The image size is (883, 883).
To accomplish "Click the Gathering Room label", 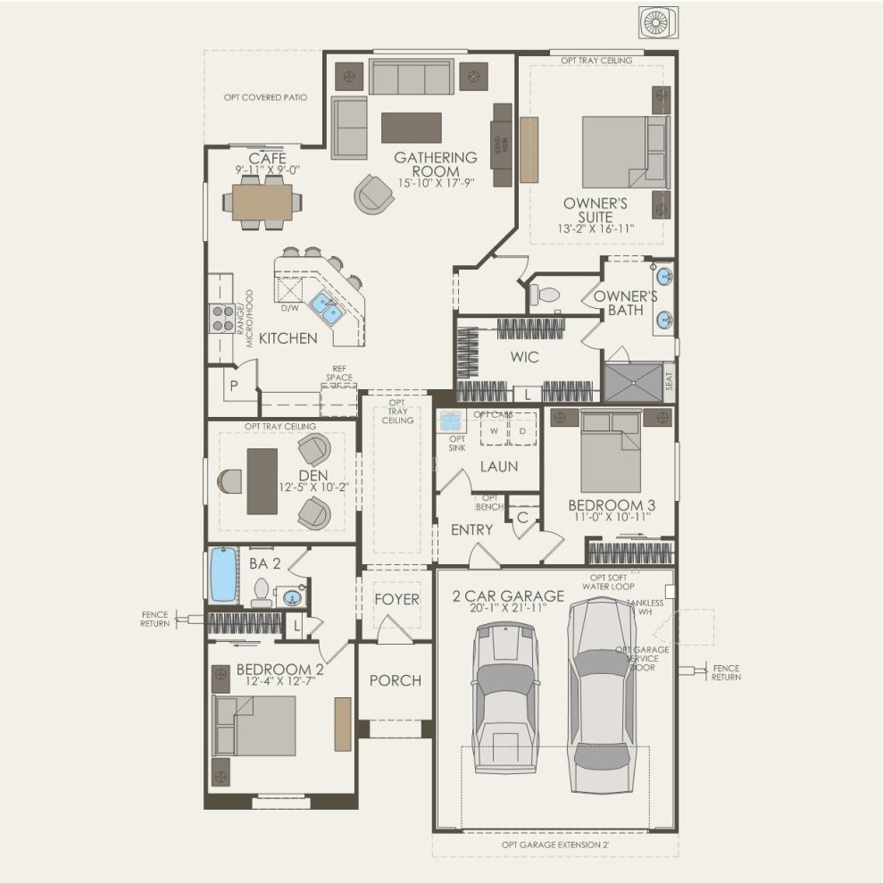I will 436,164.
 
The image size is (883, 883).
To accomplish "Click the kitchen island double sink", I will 323,309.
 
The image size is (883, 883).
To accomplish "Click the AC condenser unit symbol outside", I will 657,23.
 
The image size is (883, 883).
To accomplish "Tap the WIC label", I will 524,358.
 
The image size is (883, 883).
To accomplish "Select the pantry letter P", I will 234,386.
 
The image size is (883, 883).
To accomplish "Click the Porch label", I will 395,680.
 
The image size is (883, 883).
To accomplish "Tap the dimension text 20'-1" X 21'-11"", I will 509,608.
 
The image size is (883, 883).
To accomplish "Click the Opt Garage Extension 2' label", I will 554,844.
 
